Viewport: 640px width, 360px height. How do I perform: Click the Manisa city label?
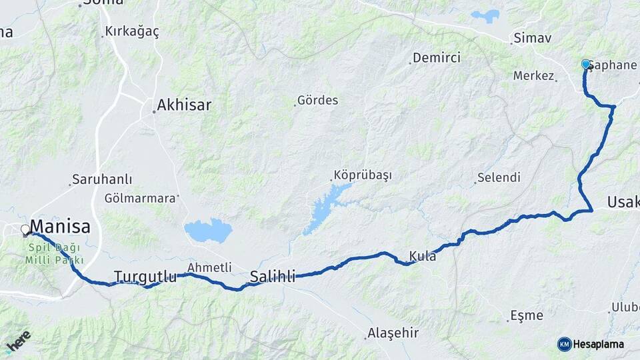60,227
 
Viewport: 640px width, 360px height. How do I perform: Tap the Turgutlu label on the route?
145,277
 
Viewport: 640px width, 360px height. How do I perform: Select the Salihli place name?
272,277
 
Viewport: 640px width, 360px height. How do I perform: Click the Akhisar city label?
183,105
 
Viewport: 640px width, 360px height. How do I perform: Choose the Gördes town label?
317,101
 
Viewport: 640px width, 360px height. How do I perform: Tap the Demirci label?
437,58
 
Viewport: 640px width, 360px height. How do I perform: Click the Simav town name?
533,39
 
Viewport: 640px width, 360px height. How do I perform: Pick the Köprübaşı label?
363,175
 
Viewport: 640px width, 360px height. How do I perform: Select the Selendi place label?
498,178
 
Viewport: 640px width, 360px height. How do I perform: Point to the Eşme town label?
527,315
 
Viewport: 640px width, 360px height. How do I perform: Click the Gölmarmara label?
140,198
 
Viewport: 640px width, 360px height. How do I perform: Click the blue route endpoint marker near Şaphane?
586,64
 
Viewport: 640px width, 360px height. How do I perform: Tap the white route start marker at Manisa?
25,230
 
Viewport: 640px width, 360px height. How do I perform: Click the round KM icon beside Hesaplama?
564,344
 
